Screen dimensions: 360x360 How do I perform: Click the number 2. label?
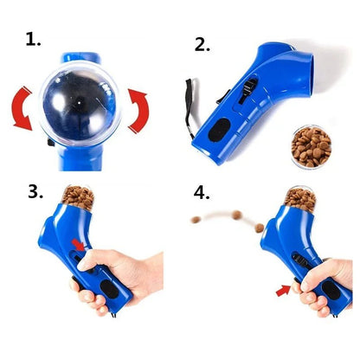point(202,43)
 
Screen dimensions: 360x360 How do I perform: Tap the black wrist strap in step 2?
point(190,107)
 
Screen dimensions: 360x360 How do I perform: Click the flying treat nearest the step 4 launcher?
point(257,226)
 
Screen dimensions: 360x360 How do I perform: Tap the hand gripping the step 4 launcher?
point(324,286)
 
